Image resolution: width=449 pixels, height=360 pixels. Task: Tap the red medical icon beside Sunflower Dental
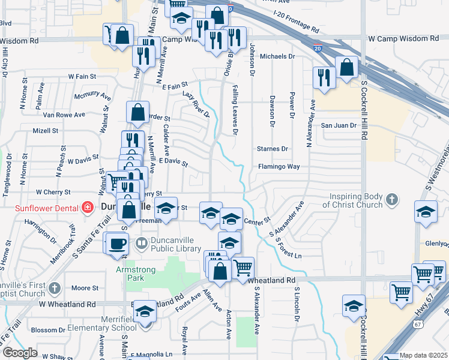[88, 208]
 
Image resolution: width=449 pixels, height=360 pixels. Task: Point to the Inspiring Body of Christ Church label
[357, 200]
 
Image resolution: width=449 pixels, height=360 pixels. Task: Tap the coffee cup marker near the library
[118, 244]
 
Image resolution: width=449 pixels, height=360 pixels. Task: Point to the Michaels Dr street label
[278, 56]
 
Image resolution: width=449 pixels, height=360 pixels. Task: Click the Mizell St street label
[46, 130]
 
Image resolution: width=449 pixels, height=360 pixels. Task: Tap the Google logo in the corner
[19, 353]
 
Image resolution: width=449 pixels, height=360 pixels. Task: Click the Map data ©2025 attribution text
[423, 355]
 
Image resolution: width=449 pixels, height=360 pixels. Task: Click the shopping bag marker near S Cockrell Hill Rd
[347, 68]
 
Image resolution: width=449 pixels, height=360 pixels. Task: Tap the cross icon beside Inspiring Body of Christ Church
[391, 199]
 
